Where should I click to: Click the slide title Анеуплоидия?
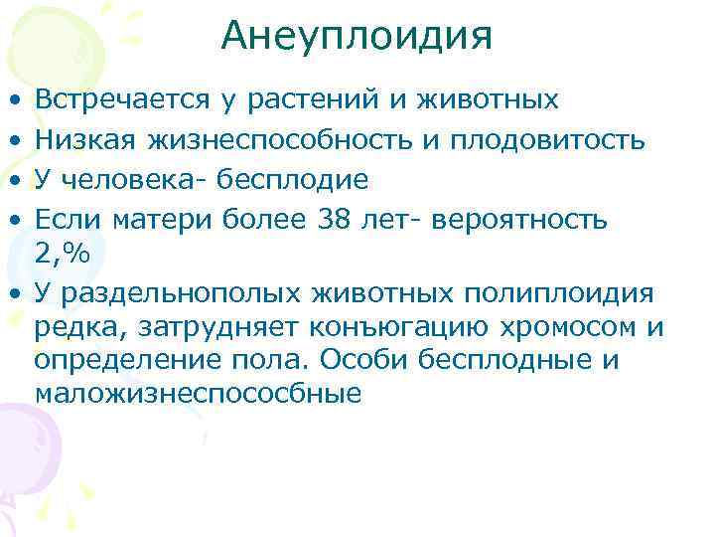[357, 37]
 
